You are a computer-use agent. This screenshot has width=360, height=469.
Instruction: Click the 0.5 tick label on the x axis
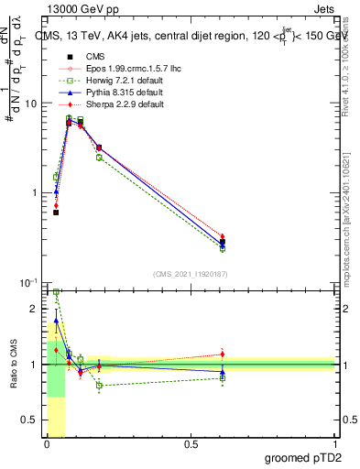(191, 444)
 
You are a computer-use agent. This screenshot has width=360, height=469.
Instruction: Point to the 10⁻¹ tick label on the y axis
(27, 282)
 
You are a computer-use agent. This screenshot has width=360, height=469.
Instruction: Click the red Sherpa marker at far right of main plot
(223, 236)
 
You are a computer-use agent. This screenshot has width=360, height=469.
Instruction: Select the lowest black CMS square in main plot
(56, 213)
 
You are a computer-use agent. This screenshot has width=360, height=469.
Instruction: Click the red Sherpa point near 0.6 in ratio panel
(223, 354)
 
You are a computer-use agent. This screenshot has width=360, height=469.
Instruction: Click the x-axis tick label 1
(335, 444)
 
